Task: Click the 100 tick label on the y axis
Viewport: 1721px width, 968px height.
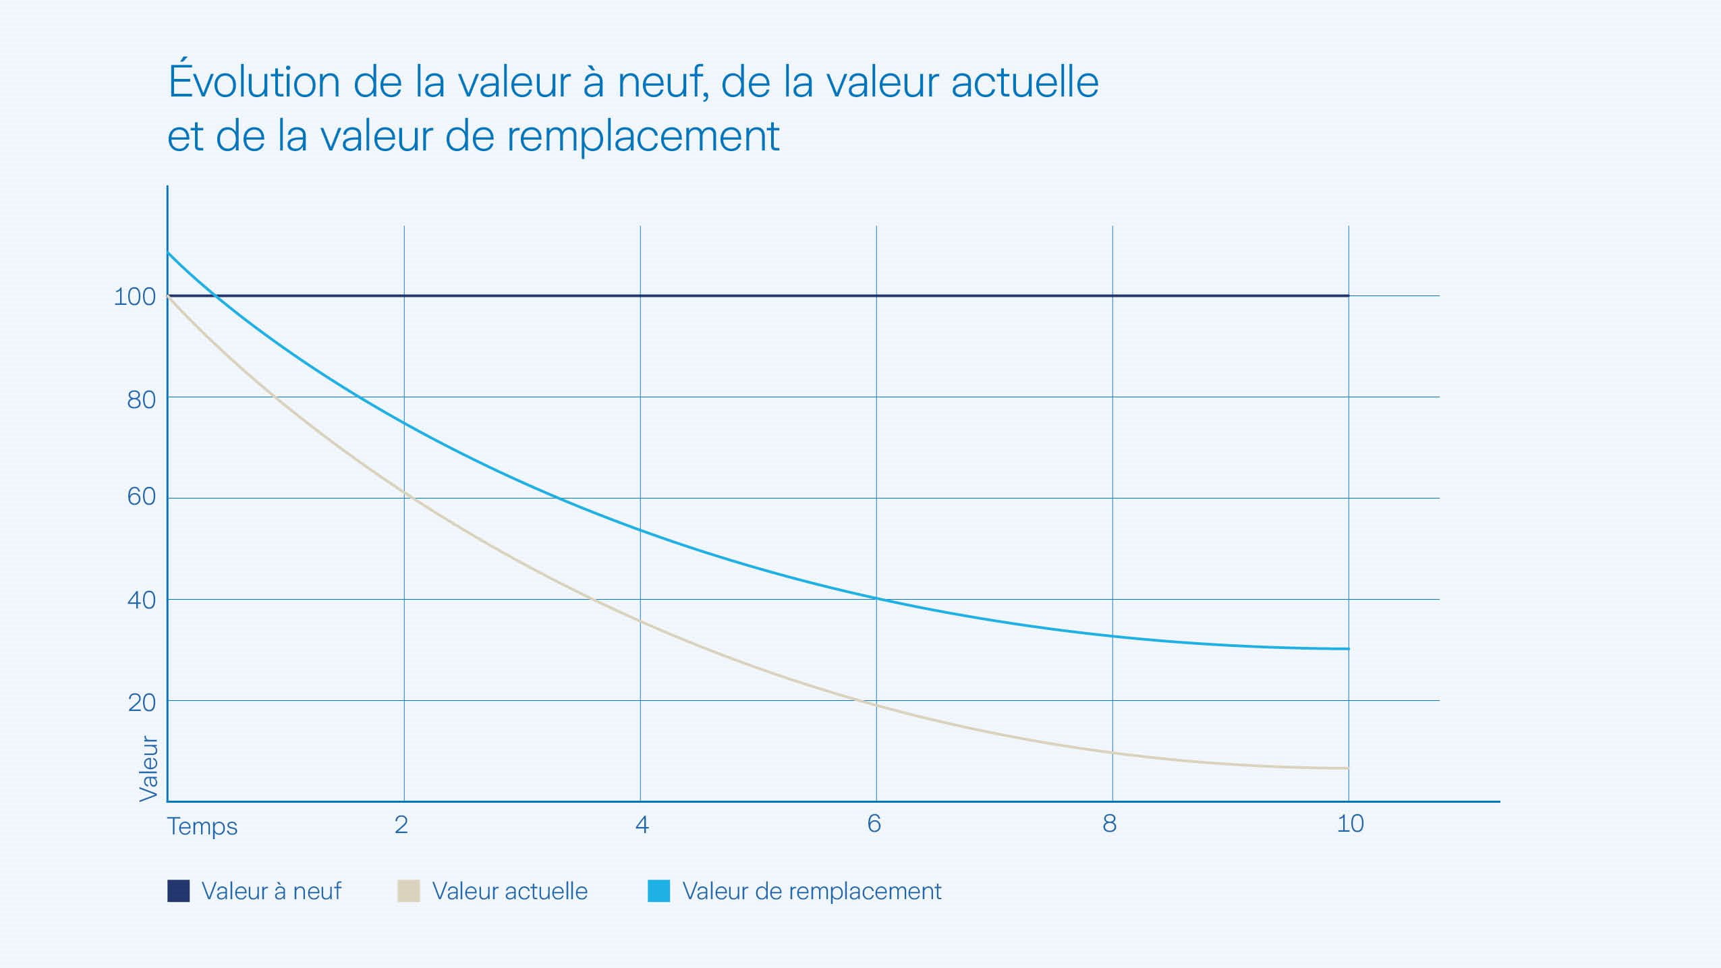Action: coord(134,297)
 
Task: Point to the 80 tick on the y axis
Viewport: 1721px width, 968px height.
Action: coord(141,399)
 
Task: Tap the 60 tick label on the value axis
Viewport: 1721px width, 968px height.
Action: coord(141,496)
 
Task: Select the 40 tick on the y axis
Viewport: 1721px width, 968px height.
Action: coord(141,600)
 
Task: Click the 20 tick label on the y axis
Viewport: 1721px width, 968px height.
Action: coord(141,703)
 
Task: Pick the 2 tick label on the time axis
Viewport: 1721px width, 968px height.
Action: coord(401,824)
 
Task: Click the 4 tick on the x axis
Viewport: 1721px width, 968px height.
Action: coord(642,824)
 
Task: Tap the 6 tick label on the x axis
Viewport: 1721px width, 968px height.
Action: coord(874,824)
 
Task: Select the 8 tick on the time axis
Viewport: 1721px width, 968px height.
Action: coord(1109,824)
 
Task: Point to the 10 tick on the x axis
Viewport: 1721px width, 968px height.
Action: coord(1350,824)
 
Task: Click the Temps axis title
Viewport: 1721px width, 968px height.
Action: coord(202,826)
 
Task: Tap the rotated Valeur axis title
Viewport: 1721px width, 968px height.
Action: coord(148,768)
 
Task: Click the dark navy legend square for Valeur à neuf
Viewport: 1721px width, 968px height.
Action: coord(178,891)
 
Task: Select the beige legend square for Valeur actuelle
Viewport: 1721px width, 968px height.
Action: coord(409,891)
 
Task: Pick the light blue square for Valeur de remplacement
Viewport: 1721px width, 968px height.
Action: coord(658,891)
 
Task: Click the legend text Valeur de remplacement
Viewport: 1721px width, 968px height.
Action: coord(812,891)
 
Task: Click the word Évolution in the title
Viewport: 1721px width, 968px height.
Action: coord(254,82)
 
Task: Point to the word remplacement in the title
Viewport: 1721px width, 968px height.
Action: coord(643,137)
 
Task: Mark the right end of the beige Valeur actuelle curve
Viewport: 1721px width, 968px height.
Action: coord(1347,768)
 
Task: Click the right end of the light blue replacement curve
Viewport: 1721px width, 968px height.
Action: coord(1347,649)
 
